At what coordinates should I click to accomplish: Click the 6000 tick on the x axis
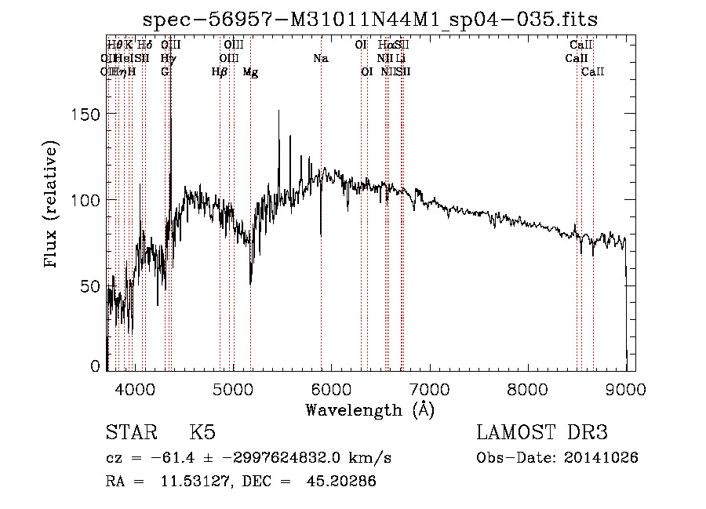tap(331, 387)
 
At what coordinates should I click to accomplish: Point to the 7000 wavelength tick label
tap(429, 387)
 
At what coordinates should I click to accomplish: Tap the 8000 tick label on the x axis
tap(528, 387)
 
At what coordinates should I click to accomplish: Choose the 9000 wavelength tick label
tap(625, 387)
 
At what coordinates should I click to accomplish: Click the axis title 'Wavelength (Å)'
tap(369, 409)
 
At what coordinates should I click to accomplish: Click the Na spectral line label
tap(320, 58)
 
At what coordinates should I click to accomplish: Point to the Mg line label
tap(250, 71)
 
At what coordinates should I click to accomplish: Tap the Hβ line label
tap(220, 71)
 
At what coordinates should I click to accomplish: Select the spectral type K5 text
tap(202, 433)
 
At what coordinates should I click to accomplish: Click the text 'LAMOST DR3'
tap(542, 433)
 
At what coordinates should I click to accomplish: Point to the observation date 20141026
tap(601, 457)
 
